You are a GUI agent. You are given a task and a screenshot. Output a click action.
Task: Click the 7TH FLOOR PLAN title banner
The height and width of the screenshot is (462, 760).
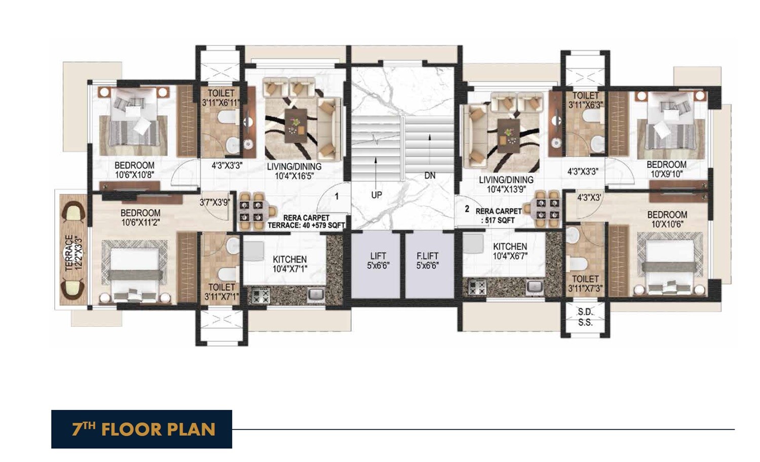(141, 429)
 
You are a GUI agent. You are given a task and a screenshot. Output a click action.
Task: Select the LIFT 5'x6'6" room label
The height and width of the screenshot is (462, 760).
(377, 261)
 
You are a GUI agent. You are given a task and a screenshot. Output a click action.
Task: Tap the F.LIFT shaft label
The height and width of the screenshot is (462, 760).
(427, 261)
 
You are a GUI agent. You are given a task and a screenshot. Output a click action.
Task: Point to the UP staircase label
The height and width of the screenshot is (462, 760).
(376, 195)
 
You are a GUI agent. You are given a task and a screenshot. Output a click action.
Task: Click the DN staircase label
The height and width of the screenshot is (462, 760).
(430, 176)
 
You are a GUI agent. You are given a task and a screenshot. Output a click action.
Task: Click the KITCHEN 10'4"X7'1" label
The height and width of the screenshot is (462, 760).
(290, 264)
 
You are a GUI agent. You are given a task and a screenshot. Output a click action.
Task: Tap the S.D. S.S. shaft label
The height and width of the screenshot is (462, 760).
(585, 317)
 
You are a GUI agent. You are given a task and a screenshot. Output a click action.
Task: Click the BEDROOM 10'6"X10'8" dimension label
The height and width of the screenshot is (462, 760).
(134, 170)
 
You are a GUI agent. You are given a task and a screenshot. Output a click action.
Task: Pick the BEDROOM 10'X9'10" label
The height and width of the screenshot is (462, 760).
(666, 169)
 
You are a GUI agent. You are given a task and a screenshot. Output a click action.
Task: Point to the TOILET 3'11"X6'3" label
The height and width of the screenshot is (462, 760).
(585, 100)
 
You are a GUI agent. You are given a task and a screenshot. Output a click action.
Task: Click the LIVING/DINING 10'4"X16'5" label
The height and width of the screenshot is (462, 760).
(294, 171)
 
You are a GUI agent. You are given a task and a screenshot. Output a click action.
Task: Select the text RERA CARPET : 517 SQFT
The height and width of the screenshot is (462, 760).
(499, 216)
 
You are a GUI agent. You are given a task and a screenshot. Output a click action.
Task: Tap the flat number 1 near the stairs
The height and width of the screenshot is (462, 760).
(336, 196)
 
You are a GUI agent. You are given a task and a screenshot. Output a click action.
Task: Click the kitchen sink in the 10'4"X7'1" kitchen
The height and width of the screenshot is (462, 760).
(316, 293)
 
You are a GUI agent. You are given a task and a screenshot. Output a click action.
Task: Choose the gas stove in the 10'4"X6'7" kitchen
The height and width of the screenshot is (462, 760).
(477, 288)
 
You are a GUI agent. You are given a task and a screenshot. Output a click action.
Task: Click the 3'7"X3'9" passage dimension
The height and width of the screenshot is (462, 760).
(215, 202)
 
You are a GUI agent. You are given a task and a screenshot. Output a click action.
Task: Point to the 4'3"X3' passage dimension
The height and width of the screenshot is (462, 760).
(589, 198)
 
